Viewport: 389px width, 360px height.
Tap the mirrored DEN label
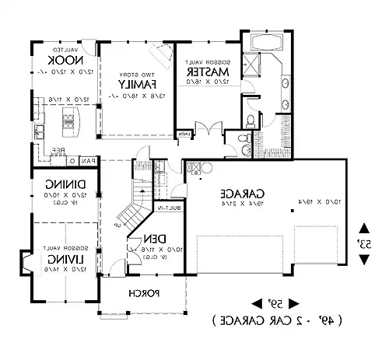(x=158, y=239)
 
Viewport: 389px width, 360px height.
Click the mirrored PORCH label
(x=145, y=293)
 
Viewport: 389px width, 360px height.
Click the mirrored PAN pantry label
(x=89, y=160)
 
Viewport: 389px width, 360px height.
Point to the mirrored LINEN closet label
(x=184, y=135)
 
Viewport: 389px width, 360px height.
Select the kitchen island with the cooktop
(x=68, y=119)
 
